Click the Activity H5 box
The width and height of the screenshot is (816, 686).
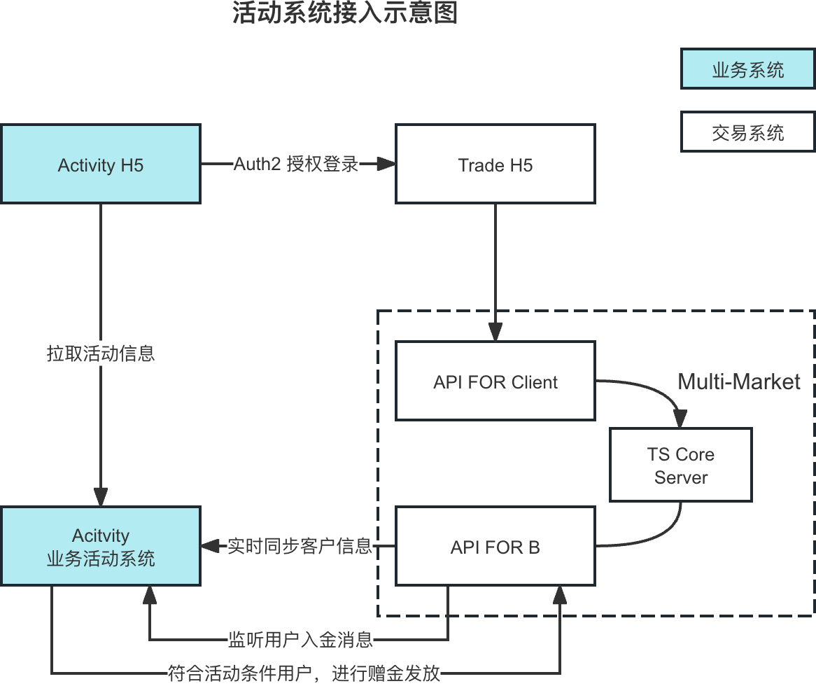coord(101,165)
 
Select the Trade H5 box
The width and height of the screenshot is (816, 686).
coord(495,165)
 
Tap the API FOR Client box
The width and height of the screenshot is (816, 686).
coord(495,381)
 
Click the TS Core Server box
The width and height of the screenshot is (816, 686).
coord(680,465)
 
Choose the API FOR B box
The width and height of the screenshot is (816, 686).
coord(495,547)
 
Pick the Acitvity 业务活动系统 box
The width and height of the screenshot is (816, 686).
coord(101,547)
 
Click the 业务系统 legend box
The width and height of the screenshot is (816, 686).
coord(747,70)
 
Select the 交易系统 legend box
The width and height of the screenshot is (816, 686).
coord(747,132)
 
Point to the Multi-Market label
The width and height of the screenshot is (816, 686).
coord(738,381)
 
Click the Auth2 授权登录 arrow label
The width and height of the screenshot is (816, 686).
coord(296,164)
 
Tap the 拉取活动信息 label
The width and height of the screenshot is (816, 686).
coord(101,353)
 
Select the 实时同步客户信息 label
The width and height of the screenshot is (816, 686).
coord(300,546)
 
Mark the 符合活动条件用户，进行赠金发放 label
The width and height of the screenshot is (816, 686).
coord(304,673)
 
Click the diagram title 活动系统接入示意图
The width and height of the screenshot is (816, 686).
coord(345,13)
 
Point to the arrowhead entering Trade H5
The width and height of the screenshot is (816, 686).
coord(388,164)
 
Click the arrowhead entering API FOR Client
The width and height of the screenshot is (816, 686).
coord(495,332)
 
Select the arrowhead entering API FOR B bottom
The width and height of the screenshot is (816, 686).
coord(560,595)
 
